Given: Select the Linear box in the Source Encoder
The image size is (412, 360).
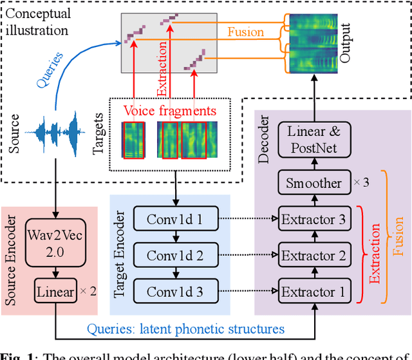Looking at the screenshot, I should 55,292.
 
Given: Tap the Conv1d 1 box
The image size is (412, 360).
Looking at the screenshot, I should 174,220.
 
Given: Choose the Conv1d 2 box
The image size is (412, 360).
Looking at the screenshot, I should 174,256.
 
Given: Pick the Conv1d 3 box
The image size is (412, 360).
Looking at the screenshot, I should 174,292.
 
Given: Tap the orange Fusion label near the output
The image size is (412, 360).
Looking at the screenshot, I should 245,31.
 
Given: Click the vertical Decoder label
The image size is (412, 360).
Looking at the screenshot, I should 263,139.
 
